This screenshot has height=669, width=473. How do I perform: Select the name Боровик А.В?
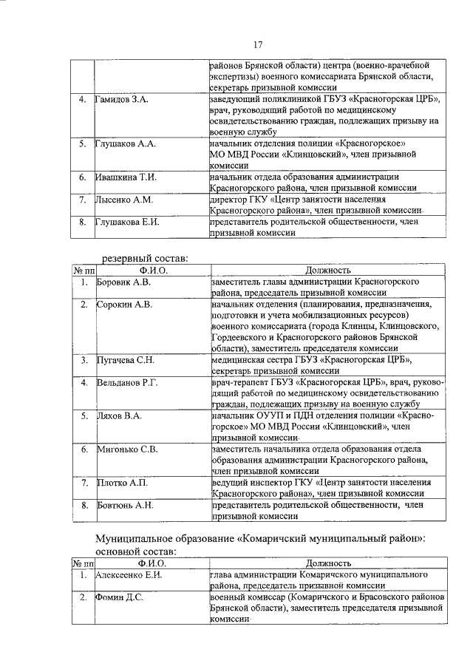coord(124,282)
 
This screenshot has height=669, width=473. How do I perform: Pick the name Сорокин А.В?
coord(124,304)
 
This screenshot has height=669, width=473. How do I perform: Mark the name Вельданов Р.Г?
coord(128,382)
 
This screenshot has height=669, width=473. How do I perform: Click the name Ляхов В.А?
coord(119,416)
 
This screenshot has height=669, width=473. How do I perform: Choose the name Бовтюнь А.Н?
coord(125,505)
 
